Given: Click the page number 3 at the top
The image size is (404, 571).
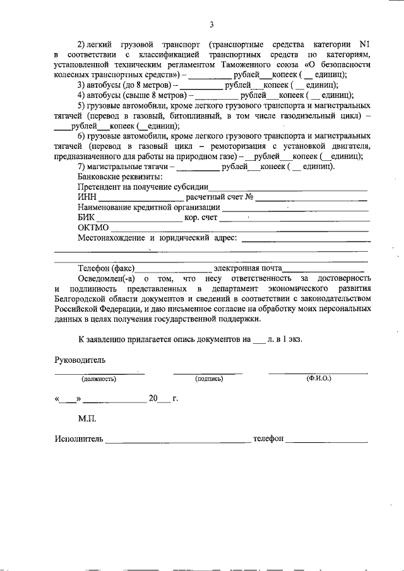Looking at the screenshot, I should click(x=212, y=25).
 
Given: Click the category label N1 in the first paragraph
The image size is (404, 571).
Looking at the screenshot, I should click(x=363, y=45).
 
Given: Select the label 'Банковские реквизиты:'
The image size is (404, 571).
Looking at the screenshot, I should click(x=120, y=177).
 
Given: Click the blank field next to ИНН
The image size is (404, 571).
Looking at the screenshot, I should click(x=140, y=199).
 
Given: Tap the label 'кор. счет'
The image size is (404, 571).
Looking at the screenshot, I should click(x=201, y=218).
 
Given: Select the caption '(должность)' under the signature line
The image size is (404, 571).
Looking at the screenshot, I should click(x=99, y=379).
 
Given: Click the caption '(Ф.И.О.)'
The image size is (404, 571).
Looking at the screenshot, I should click(x=319, y=379).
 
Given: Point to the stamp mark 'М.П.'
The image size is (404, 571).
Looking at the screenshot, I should click(x=87, y=418).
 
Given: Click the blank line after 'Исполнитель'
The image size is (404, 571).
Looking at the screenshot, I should click(x=178, y=439).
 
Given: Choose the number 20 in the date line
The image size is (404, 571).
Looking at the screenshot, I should click(x=153, y=399).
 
